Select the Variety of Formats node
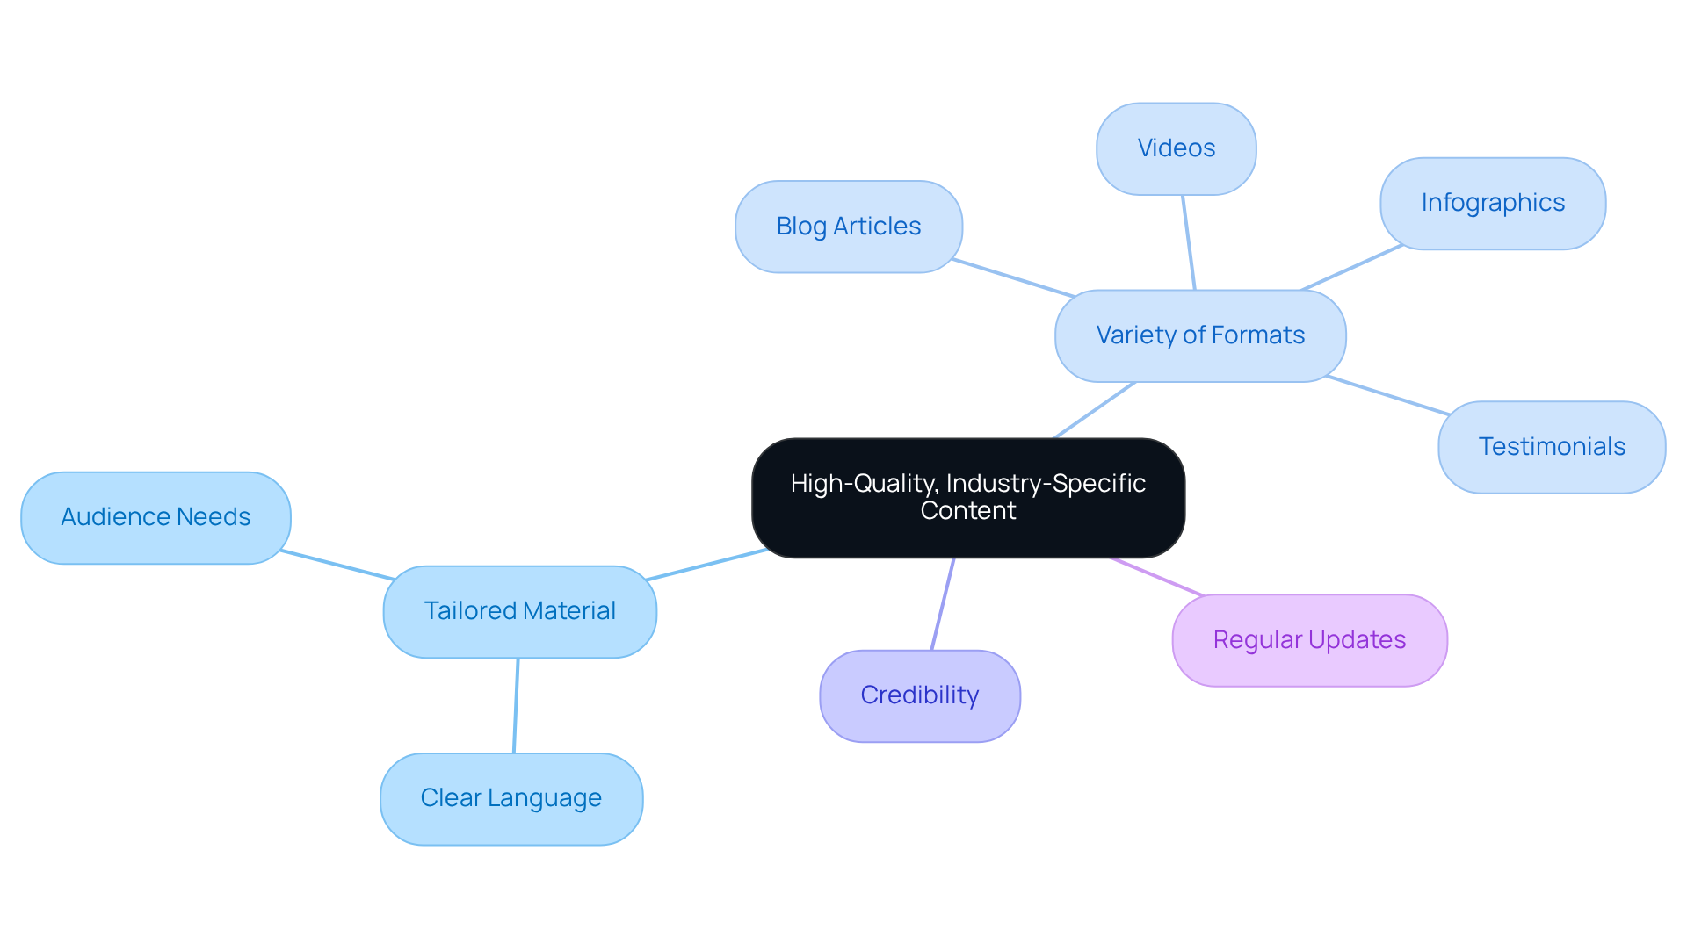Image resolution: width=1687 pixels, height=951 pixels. pyautogui.click(x=1199, y=335)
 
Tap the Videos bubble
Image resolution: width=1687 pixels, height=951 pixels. pyautogui.click(x=1176, y=148)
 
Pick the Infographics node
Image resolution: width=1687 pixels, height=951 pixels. pyautogui.click(x=1492, y=203)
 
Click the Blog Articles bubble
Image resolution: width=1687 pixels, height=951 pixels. pyautogui.click(x=848, y=227)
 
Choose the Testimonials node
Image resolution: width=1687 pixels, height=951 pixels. pyautogui.click(x=1551, y=447)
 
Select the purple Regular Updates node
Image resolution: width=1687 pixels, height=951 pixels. pyautogui.click(x=1308, y=640)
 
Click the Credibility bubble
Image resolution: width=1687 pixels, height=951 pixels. pyautogui.click(x=919, y=695)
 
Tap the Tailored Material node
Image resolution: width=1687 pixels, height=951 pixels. pyautogui.click(x=519, y=611)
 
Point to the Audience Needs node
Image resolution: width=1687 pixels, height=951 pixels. pyautogui.click(x=156, y=517)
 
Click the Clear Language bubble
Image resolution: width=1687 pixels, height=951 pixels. pyautogui.click(x=510, y=798)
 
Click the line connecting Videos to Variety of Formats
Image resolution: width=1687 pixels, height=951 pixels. pyautogui.click(x=1189, y=242)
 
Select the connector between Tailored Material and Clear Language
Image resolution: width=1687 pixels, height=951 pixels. pyautogui.click(x=516, y=705)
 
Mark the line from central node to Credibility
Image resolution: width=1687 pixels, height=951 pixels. pyautogui.click(x=943, y=604)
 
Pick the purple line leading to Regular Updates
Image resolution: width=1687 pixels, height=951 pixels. pyautogui.click(x=1157, y=576)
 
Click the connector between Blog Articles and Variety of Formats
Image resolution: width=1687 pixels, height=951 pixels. pyautogui.click(x=1013, y=278)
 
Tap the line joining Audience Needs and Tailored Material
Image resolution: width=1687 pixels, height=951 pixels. pyautogui.click(x=337, y=566)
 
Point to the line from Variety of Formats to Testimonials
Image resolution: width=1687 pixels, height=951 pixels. pyautogui.click(x=1388, y=395)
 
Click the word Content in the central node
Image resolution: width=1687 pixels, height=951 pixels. pyautogui.click(x=967, y=511)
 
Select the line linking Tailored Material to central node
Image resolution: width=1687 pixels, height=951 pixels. pyautogui.click(x=707, y=565)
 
